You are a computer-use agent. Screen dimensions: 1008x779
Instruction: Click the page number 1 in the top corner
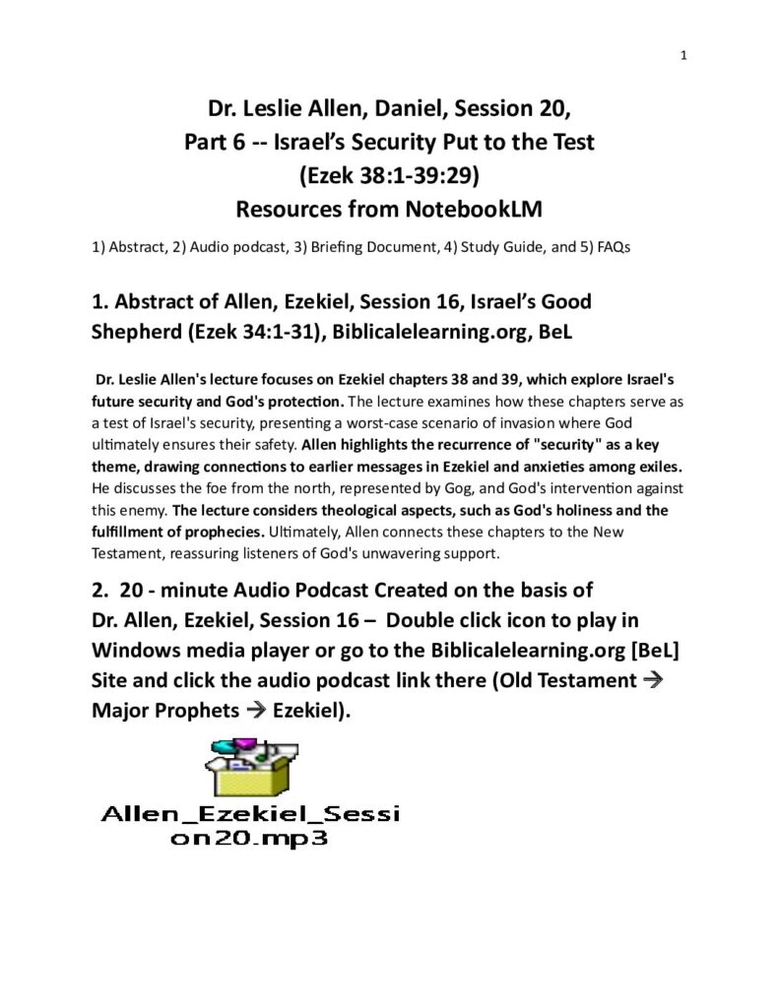click(683, 55)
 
